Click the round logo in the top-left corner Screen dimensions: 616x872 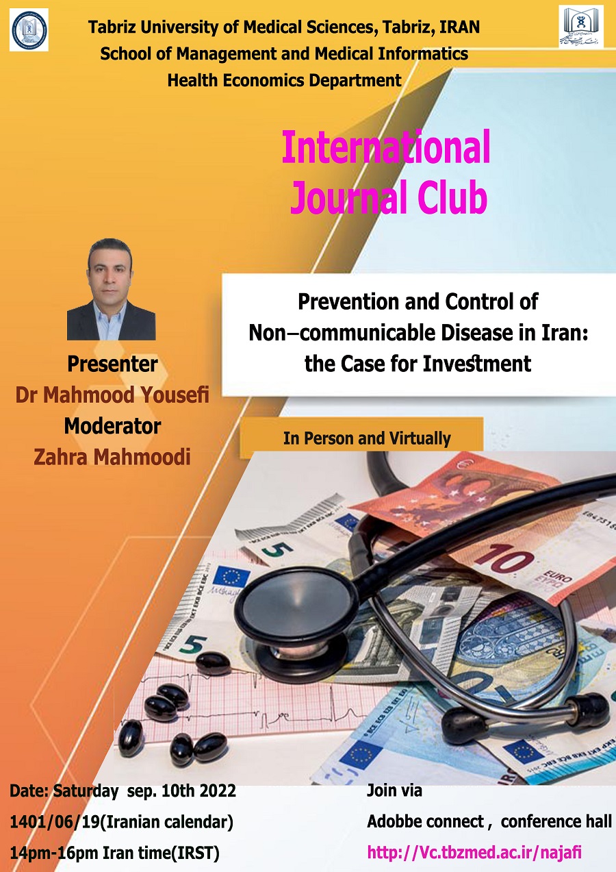[x=29, y=30]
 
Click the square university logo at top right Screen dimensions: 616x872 [x=581, y=27]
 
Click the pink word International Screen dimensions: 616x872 [x=386, y=147]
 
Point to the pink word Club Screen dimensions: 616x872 [x=452, y=196]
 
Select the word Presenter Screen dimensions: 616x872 [x=112, y=364]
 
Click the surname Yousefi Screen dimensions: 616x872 [x=175, y=395]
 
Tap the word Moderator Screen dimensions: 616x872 [x=112, y=426]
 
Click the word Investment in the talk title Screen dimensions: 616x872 [x=477, y=364]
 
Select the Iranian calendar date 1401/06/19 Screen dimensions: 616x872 [x=55, y=822]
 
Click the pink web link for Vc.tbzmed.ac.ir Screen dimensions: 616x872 [x=474, y=852]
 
